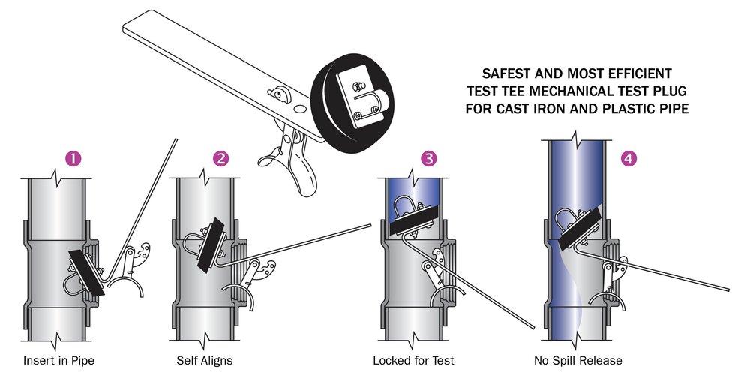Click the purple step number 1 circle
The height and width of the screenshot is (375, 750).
73,158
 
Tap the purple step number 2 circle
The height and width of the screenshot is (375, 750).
220,158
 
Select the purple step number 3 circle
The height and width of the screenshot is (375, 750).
427,158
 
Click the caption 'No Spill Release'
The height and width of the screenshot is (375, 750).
579,360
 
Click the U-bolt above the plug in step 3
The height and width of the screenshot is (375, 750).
409,205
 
